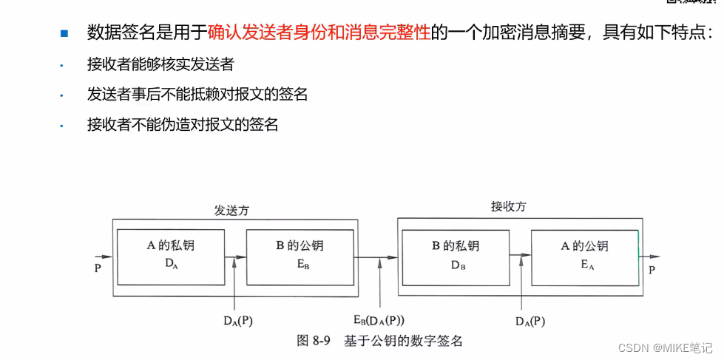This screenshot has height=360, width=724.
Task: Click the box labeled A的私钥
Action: pyautogui.click(x=171, y=257)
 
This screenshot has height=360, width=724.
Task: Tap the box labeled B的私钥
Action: pyautogui.click(x=456, y=257)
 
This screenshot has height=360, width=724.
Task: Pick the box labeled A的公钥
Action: pyautogui.click(x=585, y=257)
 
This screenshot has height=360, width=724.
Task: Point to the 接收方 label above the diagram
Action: pyautogui.click(x=510, y=207)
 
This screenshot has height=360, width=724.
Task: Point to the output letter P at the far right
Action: pyautogui.click(x=652, y=271)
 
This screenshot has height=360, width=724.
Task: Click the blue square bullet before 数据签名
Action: pyautogui.click(x=64, y=33)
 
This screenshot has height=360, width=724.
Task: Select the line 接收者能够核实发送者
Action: pyautogui.click(x=160, y=65)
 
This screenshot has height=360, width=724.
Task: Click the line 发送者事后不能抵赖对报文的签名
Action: pyautogui.click(x=197, y=95)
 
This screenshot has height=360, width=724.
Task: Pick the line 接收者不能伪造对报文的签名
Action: pyautogui.click(x=182, y=125)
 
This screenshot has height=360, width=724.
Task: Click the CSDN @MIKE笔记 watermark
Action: pyautogui.click(x=665, y=347)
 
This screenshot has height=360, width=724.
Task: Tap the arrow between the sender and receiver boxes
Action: pyautogui.click(x=377, y=257)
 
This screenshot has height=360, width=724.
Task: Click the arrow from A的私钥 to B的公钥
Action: pyautogui.click(x=235, y=257)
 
